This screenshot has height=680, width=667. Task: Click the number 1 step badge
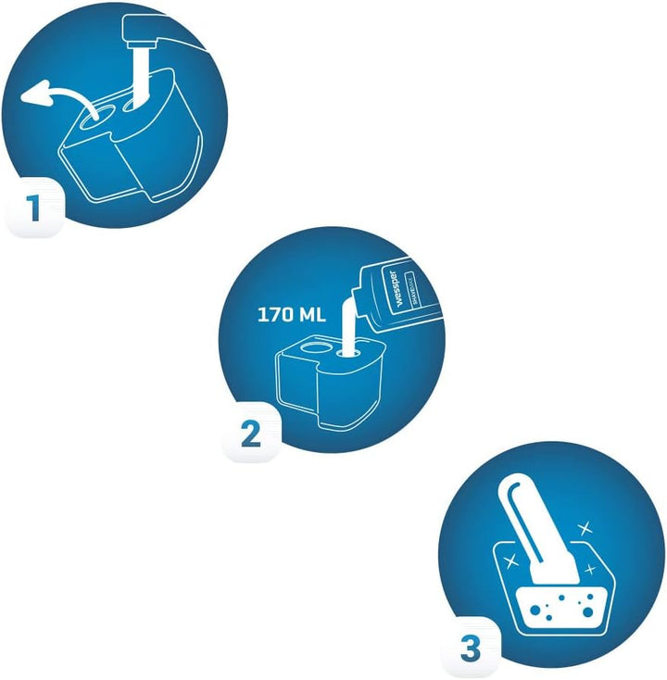tap(34, 208)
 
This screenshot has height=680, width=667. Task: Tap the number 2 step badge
tap(250, 433)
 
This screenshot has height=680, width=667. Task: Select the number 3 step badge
tap(471, 649)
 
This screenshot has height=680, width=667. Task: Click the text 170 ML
tap(292, 314)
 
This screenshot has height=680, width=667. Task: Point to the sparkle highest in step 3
tap(584, 527)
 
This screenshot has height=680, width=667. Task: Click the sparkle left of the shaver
tap(510, 561)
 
